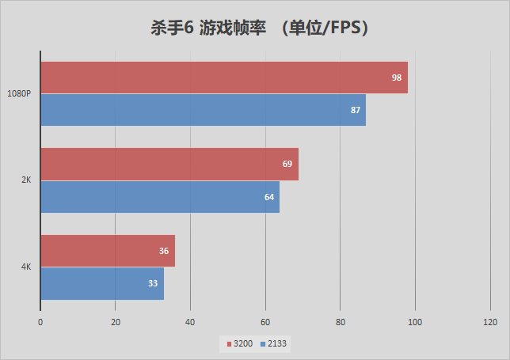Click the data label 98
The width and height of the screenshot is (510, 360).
point(397,78)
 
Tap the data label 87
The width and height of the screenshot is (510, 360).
point(356,110)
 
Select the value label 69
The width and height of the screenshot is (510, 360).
point(287,164)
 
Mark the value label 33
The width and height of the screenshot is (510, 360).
point(153,283)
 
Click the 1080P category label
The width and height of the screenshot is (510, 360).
point(19,93)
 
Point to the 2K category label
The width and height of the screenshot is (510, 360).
point(25,180)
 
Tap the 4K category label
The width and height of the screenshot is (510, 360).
point(25,267)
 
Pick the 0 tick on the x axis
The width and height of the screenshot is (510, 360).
point(40,322)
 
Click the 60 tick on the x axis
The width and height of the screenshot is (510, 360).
point(265,322)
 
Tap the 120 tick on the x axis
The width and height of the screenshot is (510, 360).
point(489,322)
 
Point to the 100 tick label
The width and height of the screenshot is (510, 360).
point(415,322)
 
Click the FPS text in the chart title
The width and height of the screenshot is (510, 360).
point(344,28)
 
